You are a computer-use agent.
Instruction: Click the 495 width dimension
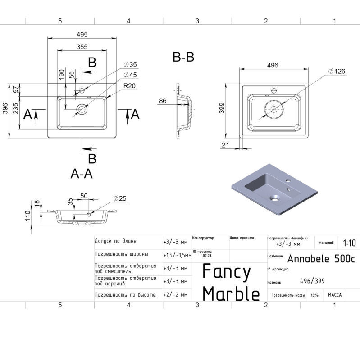click(82, 35)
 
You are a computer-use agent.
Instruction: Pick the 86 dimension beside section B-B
click(163, 102)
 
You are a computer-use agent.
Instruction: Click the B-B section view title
click(183, 57)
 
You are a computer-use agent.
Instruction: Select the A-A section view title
click(82, 174)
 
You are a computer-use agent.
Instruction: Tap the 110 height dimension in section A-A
click(27, 216)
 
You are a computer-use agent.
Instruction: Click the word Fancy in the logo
click(226, 272)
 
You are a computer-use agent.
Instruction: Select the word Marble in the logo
click(231, 293)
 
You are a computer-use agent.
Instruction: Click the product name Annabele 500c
click(321, 259)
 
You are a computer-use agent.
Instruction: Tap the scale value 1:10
click(349, 243)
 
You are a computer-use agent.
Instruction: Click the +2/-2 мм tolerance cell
click(175, 294)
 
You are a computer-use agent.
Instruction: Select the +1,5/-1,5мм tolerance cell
click(177, 255)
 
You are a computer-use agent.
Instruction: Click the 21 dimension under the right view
click(225, 144)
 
